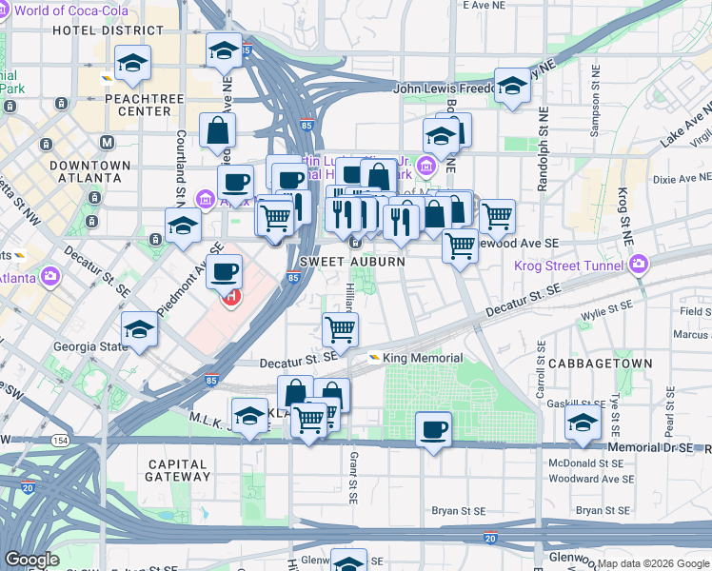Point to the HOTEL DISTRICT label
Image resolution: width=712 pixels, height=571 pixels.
pos(95,30)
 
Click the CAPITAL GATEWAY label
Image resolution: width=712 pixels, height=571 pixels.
pos(178,471)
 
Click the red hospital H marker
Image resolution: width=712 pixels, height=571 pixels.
pos(230,298)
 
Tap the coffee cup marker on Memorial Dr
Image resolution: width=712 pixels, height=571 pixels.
pos(434,428)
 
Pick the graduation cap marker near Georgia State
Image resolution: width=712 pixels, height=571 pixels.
pos(140,329)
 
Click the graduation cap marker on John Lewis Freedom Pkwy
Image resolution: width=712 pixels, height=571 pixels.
pos(512,88)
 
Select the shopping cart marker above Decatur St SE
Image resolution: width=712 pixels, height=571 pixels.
pos(340,329)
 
